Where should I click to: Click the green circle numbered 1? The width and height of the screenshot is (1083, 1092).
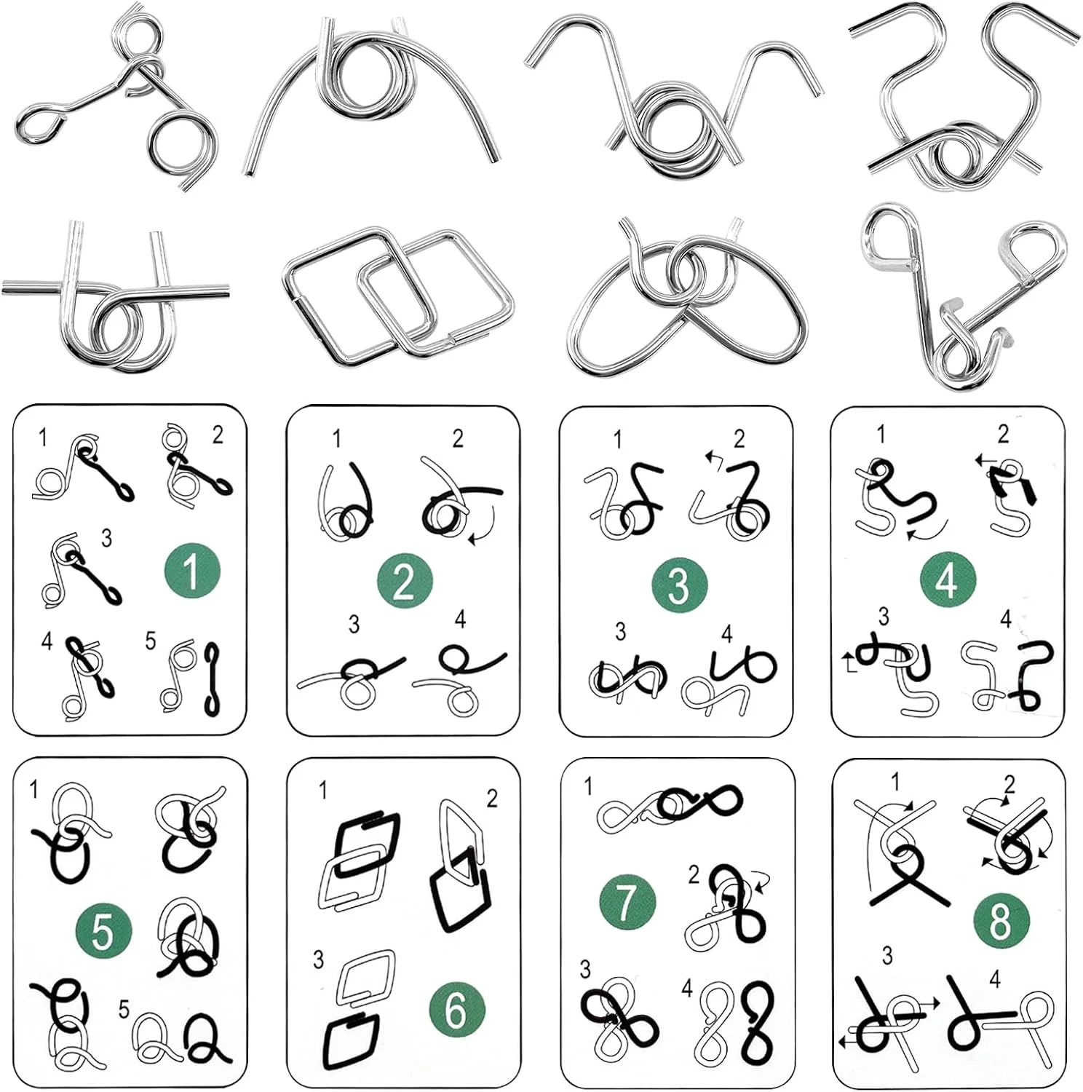pyautogui.click(x=191, y=571)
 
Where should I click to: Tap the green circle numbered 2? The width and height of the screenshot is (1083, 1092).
pyautogui.click(x=404, y=582)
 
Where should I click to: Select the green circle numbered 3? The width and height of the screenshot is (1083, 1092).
pyautogui.click(x=678, y=585)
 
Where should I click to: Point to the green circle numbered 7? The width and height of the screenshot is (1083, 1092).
pyautogui.click(x=627, y=902)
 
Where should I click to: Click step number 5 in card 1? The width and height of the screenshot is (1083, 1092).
pyautogui.click(x=150, y=641)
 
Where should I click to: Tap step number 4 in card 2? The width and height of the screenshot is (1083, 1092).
pyautogui.click(x=460, y=620)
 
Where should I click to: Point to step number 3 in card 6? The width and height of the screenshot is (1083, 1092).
pyautogui.click(x=318, y=960)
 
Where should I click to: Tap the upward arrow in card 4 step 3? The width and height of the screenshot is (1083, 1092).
pyautogui.click(x=849, y=662)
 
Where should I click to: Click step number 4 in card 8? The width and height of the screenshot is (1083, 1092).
pyautogui.click(x=995, y=979)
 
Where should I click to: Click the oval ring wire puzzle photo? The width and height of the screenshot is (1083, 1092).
pyautogui.click(x=687, y=298)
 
